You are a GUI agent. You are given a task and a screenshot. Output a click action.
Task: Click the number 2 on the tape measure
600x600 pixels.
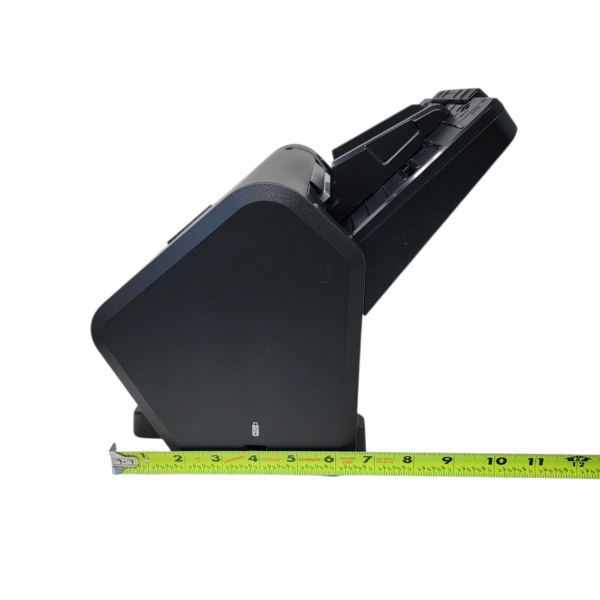point(178,460)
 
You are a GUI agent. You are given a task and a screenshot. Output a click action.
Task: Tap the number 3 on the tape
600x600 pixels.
point(214,460)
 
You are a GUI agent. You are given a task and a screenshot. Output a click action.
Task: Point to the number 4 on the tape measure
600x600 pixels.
point(253,460)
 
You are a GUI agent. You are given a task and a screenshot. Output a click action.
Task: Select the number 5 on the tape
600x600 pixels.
point(290,460)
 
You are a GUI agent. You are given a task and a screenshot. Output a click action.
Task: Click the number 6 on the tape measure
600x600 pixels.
point(328,460)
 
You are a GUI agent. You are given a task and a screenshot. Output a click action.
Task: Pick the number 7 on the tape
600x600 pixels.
point(366,460)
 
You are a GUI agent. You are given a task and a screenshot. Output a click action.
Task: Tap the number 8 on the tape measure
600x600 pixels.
point(407,460)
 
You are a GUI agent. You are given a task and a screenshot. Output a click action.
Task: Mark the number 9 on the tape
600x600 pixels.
point(447,461)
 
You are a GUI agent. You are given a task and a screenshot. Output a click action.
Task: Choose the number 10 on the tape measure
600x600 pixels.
point(497,461)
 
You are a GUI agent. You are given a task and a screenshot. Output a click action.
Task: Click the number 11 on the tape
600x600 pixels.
point(535,461)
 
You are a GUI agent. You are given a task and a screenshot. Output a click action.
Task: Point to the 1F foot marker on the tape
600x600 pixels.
point(578,461)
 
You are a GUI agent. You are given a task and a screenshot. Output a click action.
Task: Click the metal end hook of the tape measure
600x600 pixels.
point(120,461)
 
